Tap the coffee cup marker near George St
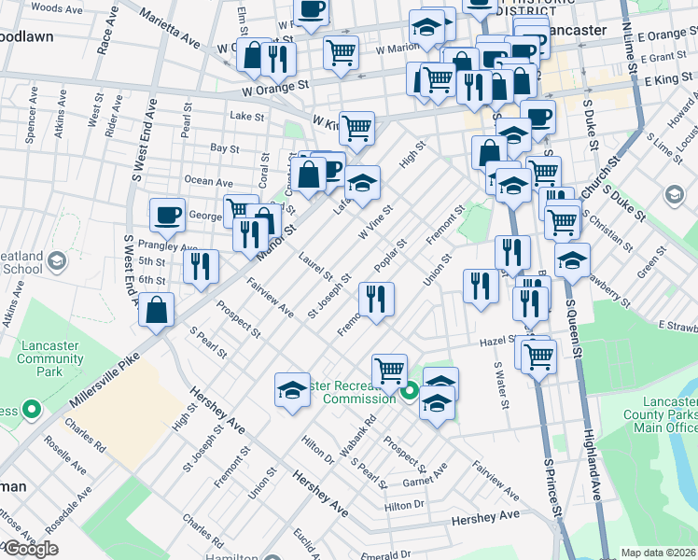(167, 215)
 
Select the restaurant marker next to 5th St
(200, 266)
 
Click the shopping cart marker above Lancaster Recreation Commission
(389, 371)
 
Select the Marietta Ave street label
(171, 31)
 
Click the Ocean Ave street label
(209, 181)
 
